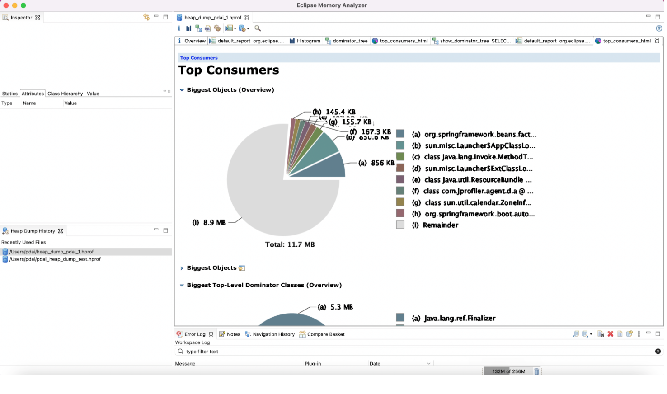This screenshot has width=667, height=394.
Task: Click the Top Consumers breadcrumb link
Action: click(199, 58)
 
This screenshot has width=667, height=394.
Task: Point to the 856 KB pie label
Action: click(376, 163)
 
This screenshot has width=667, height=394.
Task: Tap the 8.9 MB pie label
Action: click(209, 223)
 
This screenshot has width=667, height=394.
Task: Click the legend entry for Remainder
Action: click(440, 225)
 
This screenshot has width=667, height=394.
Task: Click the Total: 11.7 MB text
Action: click(290, 244)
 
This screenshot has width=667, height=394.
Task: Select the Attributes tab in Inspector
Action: click(33, 94)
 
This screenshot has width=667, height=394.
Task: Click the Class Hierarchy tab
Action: click(65, 94)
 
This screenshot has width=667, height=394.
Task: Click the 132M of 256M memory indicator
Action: click(508, 371)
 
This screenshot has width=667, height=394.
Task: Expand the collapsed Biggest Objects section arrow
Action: click(182, 268)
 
